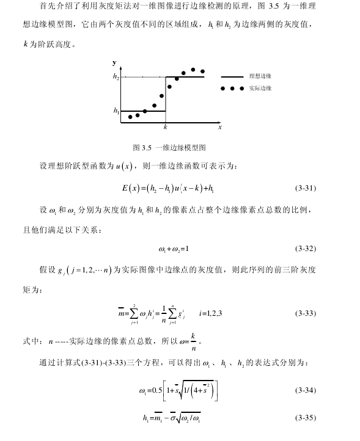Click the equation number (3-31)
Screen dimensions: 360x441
point(305,188)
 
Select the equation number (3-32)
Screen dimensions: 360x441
point(305,249)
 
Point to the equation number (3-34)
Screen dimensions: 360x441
point(305,389)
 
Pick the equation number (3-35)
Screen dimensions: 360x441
point(305,418)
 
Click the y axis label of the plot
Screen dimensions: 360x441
point(114,63)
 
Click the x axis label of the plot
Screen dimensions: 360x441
point(220,128)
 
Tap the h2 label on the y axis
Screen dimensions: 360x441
point(116,77)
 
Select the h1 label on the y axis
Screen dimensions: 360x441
point(116,111)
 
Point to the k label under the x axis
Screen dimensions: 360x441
point(165,128)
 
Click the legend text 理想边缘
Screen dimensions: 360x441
point(260,77)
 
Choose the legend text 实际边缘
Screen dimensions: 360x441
point(260,89)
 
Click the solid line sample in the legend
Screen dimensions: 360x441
point(232,77)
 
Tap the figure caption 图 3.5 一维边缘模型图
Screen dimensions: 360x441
point(173,147)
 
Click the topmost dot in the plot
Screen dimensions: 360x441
point(193,70)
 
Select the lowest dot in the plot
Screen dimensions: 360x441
point(130,117)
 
